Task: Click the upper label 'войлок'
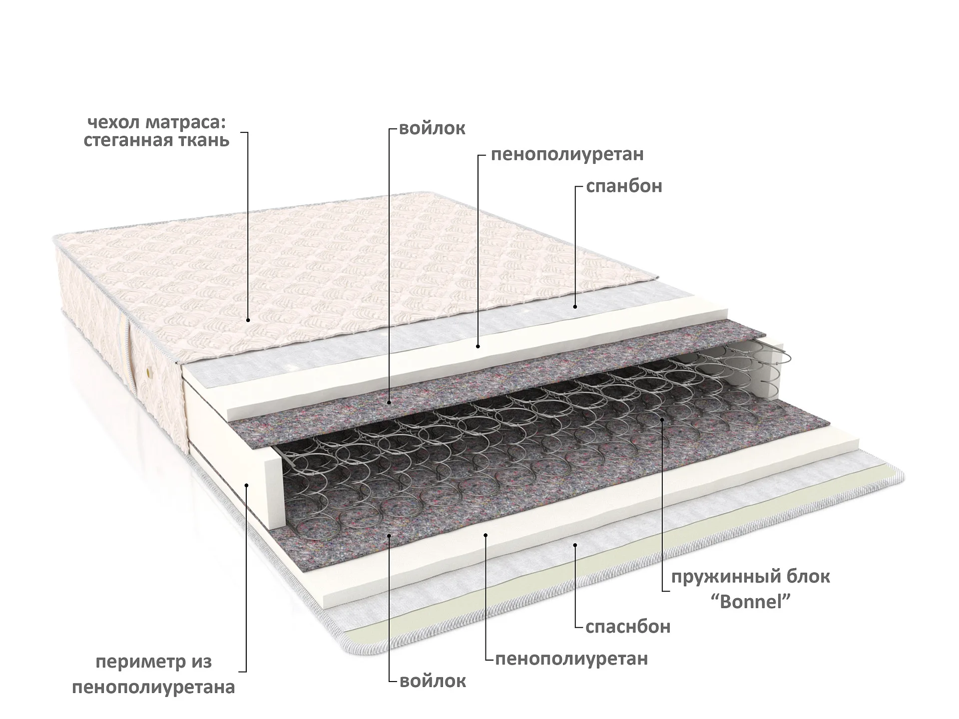[433, 128]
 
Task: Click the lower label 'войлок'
[433, 681]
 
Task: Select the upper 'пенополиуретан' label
[567, 154]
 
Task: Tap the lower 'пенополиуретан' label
[571, 659]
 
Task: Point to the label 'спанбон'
[624, 186]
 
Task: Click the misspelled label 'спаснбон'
[627, 626]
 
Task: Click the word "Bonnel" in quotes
[751, 602]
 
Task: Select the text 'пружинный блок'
[751, 577]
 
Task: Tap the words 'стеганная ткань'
[157, 141]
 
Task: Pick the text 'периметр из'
[154, 663]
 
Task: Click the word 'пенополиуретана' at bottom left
[154, 688]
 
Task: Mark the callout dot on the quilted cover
[248, 320]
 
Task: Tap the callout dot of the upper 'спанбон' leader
[575, 307]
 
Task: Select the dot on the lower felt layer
[390, 535]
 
